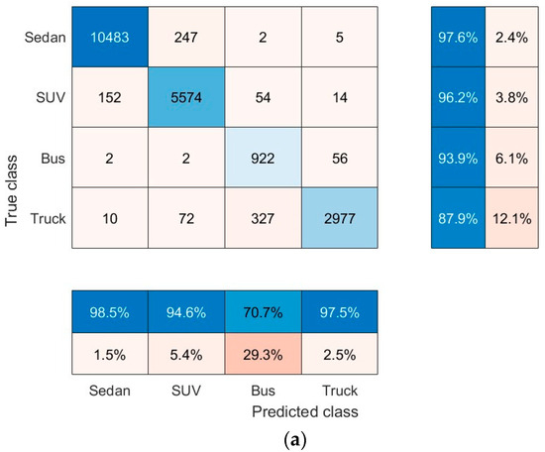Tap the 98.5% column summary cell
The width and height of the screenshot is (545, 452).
point(111,314)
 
